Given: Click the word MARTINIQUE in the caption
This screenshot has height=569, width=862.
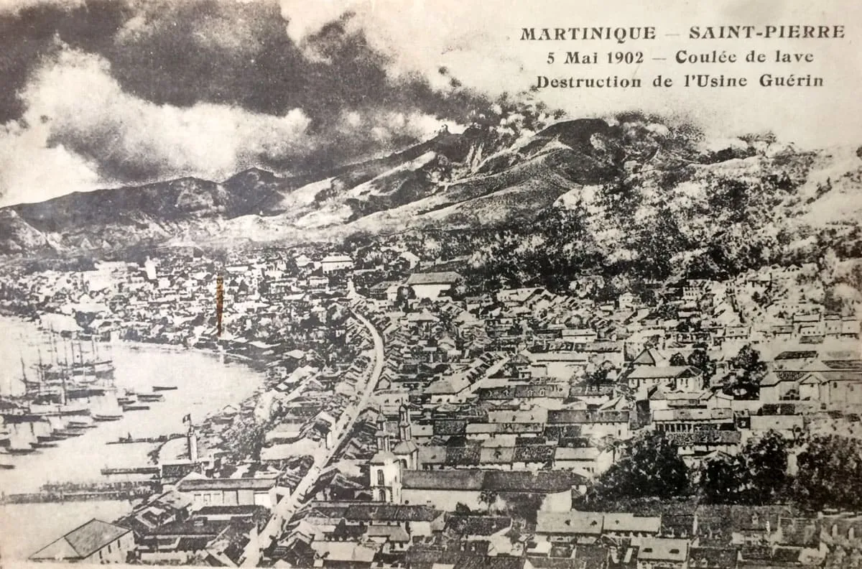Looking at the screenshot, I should (588, 34).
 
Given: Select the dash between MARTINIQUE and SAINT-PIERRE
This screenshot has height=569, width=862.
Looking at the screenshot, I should (672, 34).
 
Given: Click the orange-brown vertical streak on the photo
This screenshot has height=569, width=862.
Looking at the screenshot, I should (220, 305).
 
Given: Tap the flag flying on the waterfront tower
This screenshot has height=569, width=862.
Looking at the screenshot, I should (187, 418).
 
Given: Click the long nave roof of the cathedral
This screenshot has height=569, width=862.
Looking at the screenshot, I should (488, 480).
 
